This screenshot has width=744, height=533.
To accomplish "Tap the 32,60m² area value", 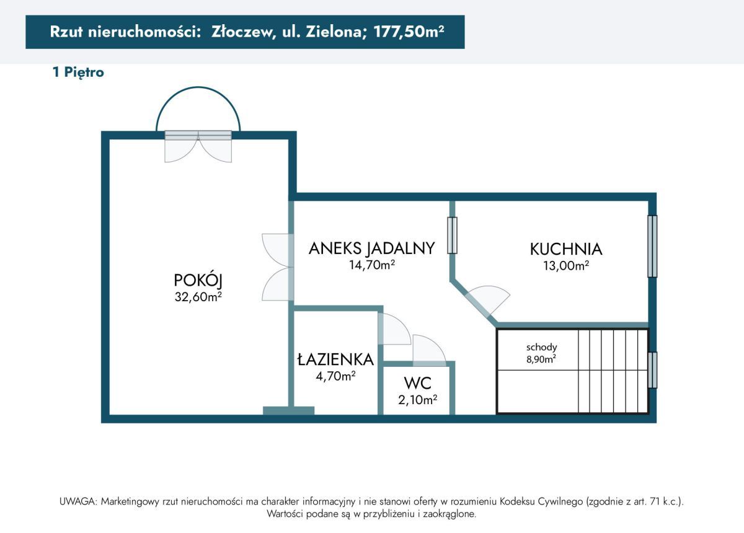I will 198,297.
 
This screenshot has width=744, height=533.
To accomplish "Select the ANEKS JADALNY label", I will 371,249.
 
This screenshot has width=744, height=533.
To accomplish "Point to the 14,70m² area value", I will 372,265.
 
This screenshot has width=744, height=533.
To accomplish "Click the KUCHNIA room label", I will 565,249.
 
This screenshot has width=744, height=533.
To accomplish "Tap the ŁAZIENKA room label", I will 335,359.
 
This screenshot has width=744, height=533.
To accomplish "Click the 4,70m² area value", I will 335,375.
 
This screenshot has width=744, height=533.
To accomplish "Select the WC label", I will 417,382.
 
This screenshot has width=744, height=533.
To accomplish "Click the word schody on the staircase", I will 541,347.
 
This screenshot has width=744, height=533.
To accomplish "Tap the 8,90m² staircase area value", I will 541,358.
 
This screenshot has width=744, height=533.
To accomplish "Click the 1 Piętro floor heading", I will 78,73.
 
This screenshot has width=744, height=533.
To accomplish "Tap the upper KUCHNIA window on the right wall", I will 652,246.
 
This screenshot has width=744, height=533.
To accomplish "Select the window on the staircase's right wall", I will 652,370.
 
